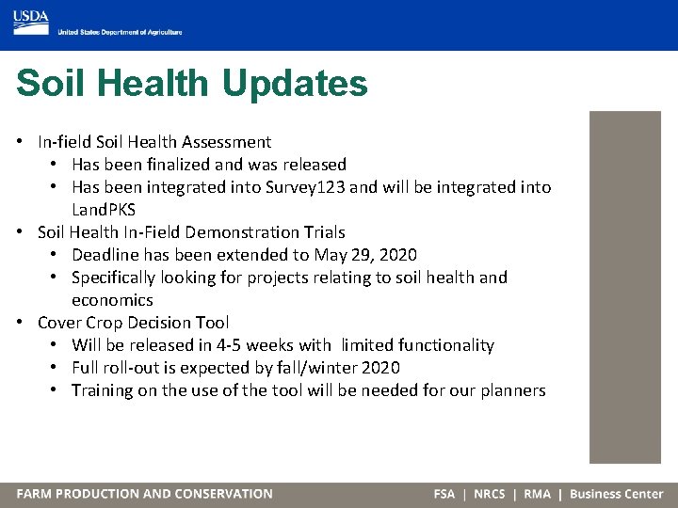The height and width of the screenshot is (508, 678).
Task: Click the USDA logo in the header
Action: click(31, 18)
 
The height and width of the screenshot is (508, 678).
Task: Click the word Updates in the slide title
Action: click(295, 83)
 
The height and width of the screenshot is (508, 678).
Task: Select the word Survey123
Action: click(302, 187)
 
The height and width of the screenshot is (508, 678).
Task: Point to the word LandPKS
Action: click(104, 210)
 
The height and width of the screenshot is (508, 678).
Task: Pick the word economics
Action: click(112, 300)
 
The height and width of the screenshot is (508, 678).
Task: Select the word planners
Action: click(511, 390)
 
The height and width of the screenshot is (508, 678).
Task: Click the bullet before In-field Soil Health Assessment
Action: click(20, 142)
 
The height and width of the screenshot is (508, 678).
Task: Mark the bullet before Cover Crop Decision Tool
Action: click(20, 323)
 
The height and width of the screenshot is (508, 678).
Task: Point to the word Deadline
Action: click(104, 255)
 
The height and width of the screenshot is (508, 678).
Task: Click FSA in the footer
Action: click(444, 494)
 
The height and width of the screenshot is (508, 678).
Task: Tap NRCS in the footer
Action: click(489, 494)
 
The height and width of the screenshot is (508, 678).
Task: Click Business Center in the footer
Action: click(616, 494)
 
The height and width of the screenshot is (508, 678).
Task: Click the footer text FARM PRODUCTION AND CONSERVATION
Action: click(144, 494)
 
